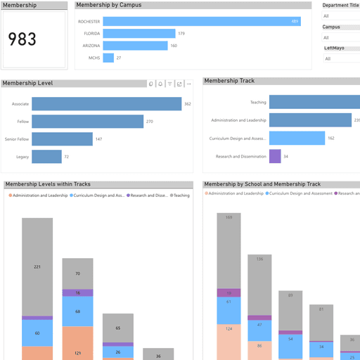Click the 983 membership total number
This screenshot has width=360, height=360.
point(22,39)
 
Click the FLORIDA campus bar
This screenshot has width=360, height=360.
point(139,33)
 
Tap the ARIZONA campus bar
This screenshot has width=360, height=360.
point(135,46)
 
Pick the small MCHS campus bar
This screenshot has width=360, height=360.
point(108,58)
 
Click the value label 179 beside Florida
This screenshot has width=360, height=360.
point(181,33)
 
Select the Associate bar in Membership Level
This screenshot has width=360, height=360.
point(106,104)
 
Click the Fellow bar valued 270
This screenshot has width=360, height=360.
point(87,122)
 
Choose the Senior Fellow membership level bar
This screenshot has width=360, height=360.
point(62,139)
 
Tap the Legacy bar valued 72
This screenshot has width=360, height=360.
point(46,157)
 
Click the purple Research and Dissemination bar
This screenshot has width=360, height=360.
point(275,156)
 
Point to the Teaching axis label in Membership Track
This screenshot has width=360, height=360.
point(258,103)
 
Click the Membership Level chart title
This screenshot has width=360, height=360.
point(28,83)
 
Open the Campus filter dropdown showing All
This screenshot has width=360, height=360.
point(341,37)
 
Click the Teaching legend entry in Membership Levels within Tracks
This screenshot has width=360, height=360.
point(180,195)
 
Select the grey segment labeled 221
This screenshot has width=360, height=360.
point(37,266)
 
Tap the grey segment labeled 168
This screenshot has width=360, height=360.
point(229,250)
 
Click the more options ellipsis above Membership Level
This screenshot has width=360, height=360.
point(188,84)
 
